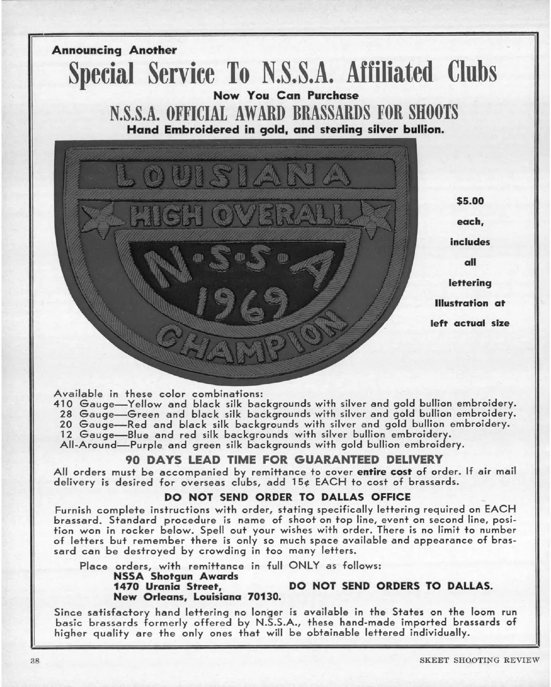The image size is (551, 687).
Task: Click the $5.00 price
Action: (470, 201)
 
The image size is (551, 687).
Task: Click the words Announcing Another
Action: (114, 51)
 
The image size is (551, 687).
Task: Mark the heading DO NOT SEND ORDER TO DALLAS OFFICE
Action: (287, 496)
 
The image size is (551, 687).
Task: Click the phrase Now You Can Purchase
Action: (286, 96)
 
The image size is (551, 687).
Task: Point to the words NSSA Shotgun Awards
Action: (176, 576)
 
